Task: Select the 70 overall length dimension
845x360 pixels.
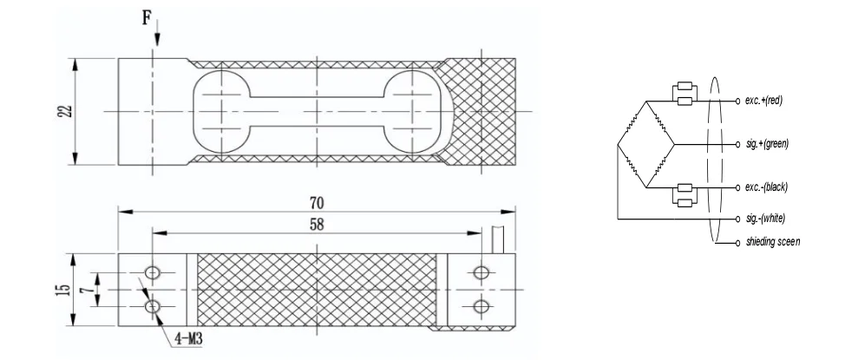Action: (x=317, y=202)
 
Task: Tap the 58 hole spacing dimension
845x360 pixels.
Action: (x=317, y=225)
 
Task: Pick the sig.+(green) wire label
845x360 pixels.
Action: (x=767, y=143)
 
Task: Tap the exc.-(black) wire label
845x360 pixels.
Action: (x=767, y=187)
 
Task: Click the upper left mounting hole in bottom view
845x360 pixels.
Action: (x=153, y=273)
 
